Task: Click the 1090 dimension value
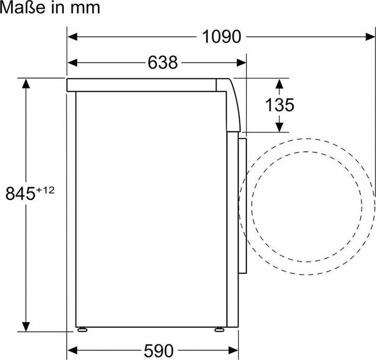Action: (x=221, y=37)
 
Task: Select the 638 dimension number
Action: (x=163, y=63)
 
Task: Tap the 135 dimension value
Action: (x=279, y=105)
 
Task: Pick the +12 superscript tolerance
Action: (x=45, y=189)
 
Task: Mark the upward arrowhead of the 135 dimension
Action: (x=279, y=83)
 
